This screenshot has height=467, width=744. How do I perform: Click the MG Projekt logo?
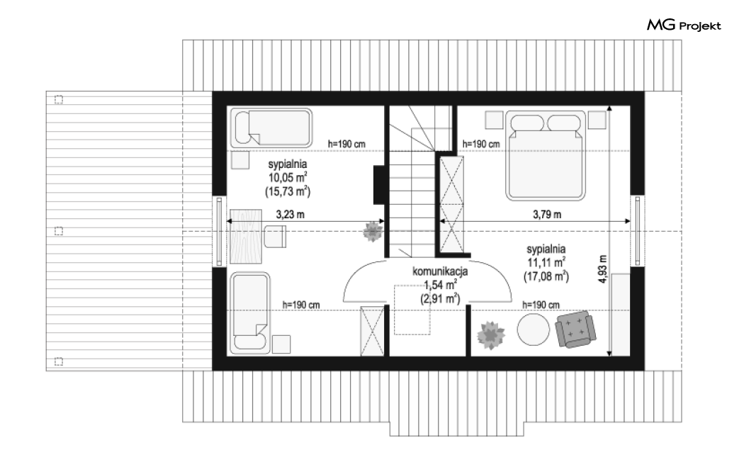pos(684,25)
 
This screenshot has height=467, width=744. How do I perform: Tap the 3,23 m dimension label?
pos(290,215)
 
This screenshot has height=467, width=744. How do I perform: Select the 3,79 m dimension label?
pos(546,215)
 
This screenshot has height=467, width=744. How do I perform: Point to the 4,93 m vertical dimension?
pos(602,269)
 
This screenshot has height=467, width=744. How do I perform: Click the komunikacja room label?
pos(440,271)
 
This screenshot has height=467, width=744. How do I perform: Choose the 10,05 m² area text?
pos(288,177)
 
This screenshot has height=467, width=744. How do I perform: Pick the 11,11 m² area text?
pos(546,262)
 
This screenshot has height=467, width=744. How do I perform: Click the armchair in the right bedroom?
pos(575,329)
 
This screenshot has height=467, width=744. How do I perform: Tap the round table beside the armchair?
pos(534,330)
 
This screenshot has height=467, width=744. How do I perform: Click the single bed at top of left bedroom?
pos(271,128)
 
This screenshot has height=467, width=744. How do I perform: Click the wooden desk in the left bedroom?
pos(246,237)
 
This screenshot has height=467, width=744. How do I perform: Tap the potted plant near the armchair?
pos(490,334)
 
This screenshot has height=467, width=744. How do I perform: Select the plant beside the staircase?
pos(373,232)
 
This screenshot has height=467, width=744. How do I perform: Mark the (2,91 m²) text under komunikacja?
pos(440,298)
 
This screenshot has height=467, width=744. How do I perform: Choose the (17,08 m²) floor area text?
pos(546,276)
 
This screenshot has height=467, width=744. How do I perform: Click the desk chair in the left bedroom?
pos(275,237)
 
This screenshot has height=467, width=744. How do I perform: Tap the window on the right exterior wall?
pos(637,230)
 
